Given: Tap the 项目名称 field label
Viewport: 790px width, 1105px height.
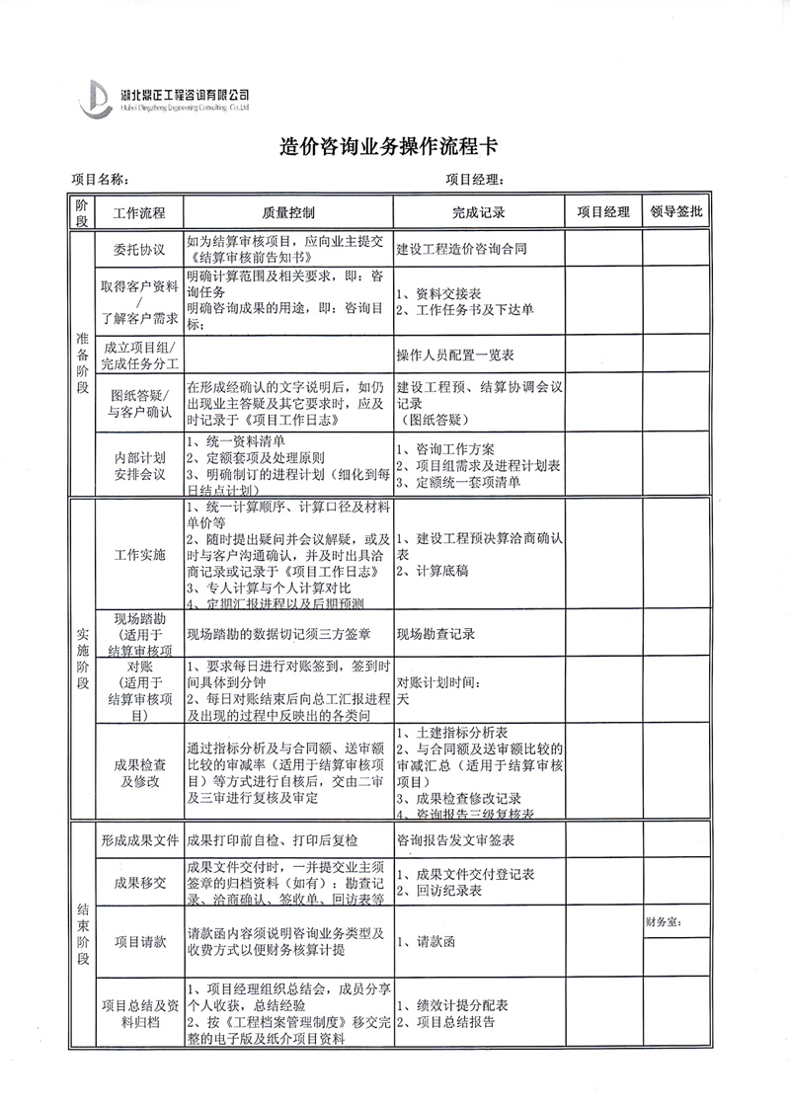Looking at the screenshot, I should [100, 180].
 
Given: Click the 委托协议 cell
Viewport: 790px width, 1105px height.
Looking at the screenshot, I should [139, 249].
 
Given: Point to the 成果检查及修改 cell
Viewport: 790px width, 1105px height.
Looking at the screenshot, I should [139, 772].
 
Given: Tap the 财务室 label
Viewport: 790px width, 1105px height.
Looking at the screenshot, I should [665, 923].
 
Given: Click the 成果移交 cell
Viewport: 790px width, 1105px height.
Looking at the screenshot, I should [139, 883].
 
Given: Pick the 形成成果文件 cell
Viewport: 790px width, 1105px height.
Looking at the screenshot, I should [139, 840].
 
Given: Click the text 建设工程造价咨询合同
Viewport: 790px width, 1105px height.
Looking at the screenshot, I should [460, 249].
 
